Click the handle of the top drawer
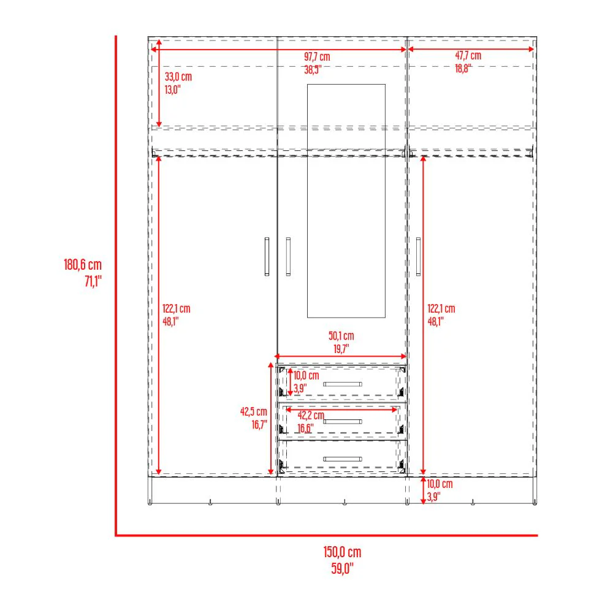pos(343,384)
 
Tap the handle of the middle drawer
pos(343,421)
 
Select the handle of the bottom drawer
pos(343,459)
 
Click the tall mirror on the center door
pos(346,201)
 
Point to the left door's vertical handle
pos(267,256)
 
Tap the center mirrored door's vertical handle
pos(287,256)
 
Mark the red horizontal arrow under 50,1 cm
pos(341,356)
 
